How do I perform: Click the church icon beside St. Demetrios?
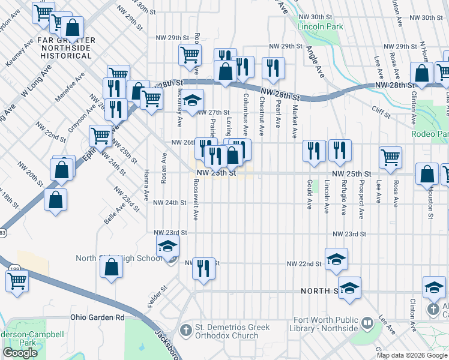(186, 330)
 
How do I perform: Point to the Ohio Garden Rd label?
(97, 317)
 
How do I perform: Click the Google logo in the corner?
(20, 353)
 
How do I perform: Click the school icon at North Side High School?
(167, 246)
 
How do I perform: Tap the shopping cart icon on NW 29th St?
(190, 55)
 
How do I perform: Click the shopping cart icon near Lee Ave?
(390, 157)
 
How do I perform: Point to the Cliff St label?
(381, 109)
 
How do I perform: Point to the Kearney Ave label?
(14, 54)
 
